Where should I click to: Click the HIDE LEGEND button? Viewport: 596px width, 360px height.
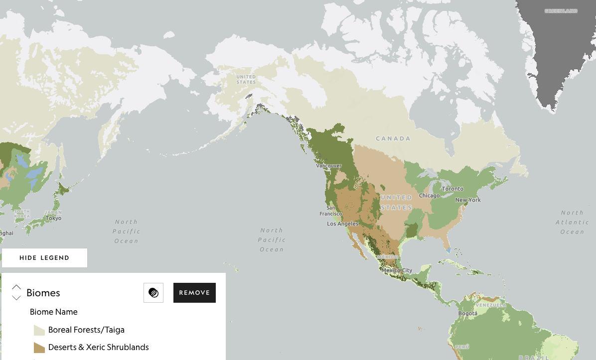[x=44, y=258]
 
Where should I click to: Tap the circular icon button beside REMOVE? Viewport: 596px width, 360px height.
[x=153, y=293]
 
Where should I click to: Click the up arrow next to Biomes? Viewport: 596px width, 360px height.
[x=16, y=287]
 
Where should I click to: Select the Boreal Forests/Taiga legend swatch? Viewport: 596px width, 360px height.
[x=39, y=330]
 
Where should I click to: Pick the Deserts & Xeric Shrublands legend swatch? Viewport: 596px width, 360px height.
[x=39, y=348]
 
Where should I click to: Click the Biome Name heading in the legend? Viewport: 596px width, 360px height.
[x=54, y=312]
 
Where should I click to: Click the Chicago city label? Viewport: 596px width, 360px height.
[x=429, y=196]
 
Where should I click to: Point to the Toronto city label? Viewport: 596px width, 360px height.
[x=453, y=189]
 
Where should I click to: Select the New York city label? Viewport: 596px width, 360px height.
[x=468, y=200]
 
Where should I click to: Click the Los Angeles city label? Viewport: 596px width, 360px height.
[x=342, y=224]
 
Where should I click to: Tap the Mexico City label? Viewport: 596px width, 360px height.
[x=400, y=270]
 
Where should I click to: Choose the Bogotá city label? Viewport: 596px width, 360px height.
[x=467, y=313]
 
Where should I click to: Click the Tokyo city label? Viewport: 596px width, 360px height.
[x=53, y=218]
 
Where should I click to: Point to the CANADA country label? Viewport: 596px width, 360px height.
[x=393, y=138]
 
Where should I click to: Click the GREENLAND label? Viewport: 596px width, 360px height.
[x=561, y=11]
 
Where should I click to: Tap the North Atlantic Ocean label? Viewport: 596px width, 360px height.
[x=572, y=222]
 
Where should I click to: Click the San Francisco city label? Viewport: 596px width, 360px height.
[x=331, y=211]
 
